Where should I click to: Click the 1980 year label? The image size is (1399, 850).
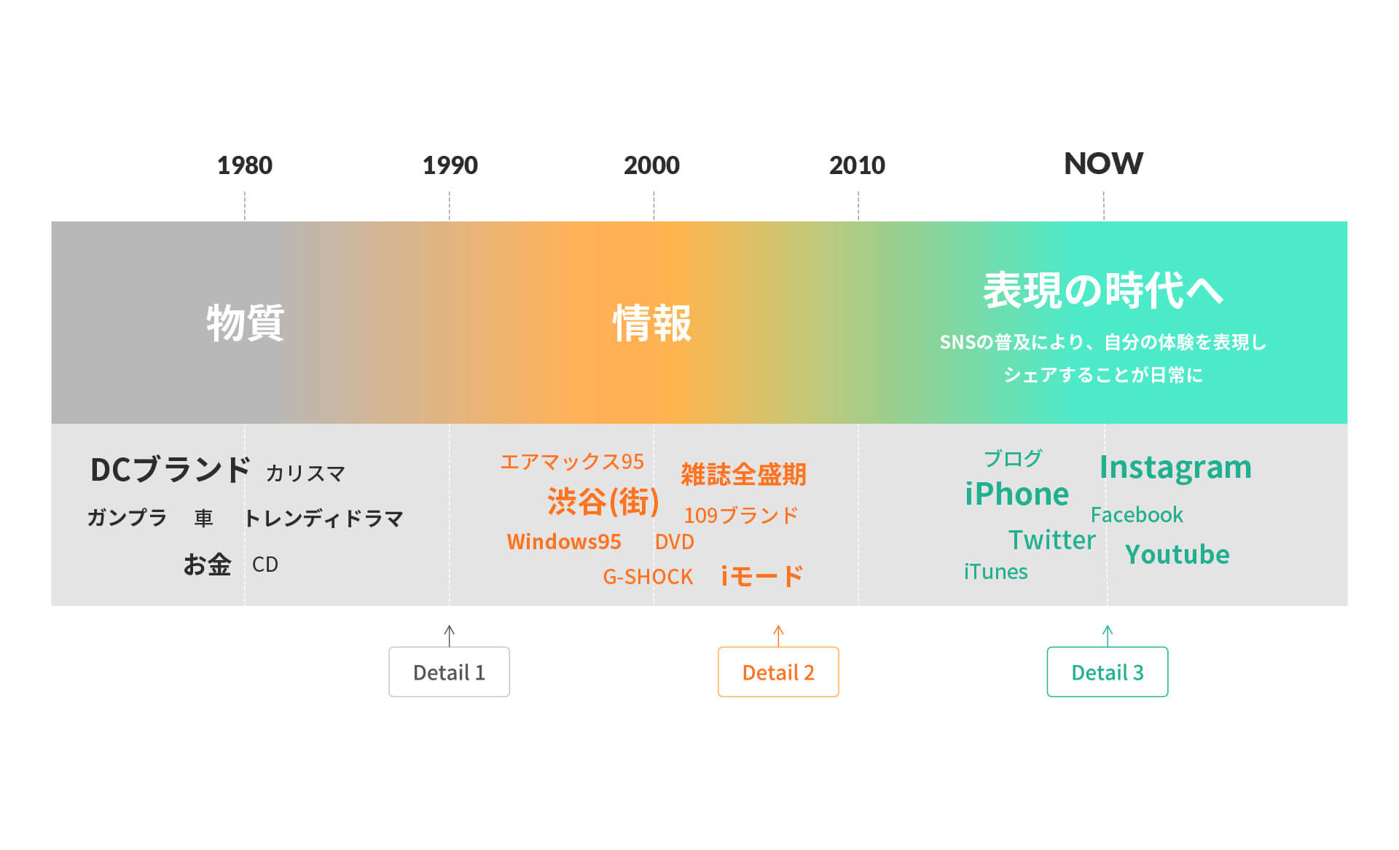click(245, 165)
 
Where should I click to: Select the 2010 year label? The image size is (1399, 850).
click(857, 165)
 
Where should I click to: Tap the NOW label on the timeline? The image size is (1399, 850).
click(1103, 164)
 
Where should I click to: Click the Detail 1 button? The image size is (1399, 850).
click(449, 672)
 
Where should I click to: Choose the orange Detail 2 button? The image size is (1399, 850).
click(778, 672)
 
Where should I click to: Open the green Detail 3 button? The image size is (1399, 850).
click(1108, 672)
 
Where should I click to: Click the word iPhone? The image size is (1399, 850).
click(1016, 494)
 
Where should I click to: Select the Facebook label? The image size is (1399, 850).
click(1137, 515)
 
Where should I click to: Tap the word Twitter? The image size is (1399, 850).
click(1051, 540)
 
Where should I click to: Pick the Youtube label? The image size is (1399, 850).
click(1177, 554)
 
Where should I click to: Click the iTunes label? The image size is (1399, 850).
click(995, 572)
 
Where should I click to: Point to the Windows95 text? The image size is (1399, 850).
click(564, 542)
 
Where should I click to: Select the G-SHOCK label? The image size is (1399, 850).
click(648, 577)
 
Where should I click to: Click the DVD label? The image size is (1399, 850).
click(674, 542)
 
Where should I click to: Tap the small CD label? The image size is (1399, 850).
click(265, 564)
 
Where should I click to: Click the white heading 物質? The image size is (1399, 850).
click(245, 323)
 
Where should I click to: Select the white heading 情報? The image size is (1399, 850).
click(652, 323)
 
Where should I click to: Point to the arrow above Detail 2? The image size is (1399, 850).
click(778, 636)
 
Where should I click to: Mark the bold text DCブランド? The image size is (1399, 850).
click(171, 470)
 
